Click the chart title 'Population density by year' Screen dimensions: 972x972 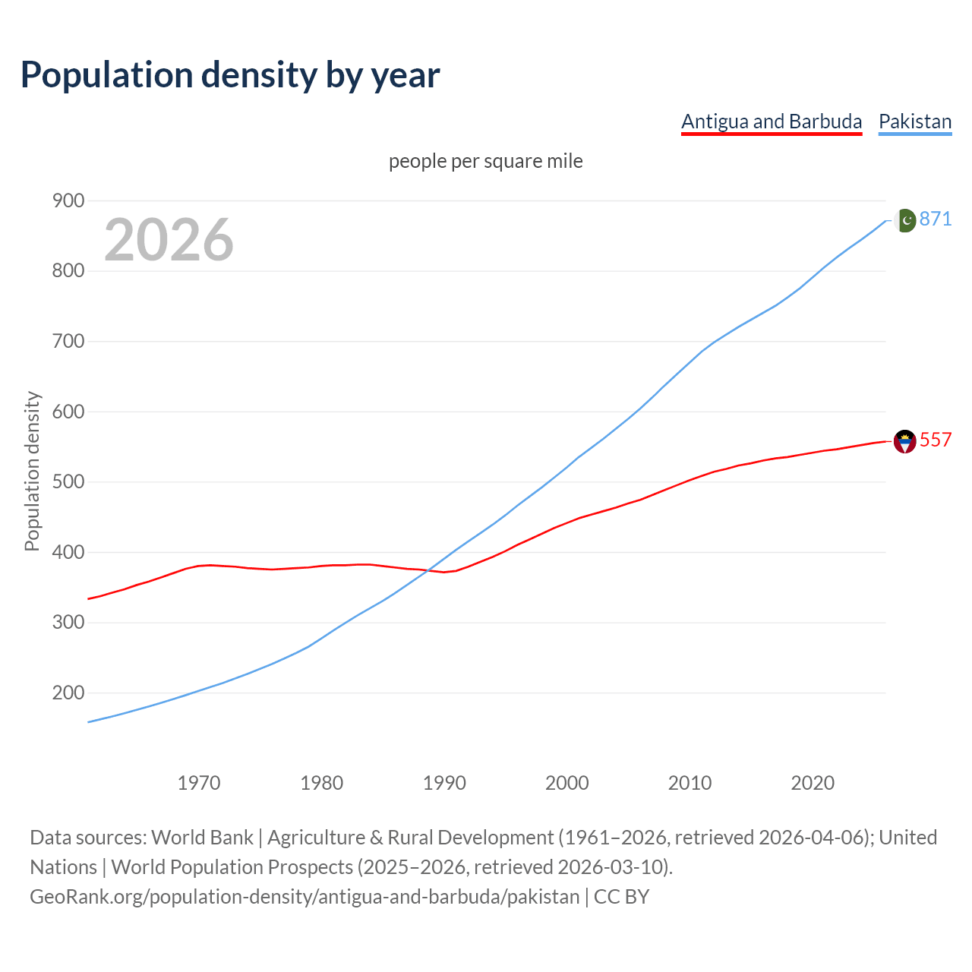230,74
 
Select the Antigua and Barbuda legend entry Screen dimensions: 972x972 772,121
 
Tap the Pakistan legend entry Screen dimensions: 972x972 915,121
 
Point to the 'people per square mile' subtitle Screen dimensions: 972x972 485,161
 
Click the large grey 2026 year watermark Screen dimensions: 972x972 169,239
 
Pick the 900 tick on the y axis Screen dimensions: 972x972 68,200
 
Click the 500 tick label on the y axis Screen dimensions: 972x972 68,482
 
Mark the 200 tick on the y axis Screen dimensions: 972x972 68,693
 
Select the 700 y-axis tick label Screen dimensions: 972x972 68,341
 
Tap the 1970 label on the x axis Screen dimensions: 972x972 199,783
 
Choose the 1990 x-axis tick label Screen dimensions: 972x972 444,783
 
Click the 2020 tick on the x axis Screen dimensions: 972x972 813,783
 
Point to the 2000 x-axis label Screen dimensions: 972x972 567,783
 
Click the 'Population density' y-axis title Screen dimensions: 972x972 32,471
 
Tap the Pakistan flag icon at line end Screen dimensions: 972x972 904,220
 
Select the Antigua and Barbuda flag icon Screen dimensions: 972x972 904,441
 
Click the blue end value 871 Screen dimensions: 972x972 936,219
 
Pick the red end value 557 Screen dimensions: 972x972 936,440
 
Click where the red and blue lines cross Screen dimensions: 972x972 429,570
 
